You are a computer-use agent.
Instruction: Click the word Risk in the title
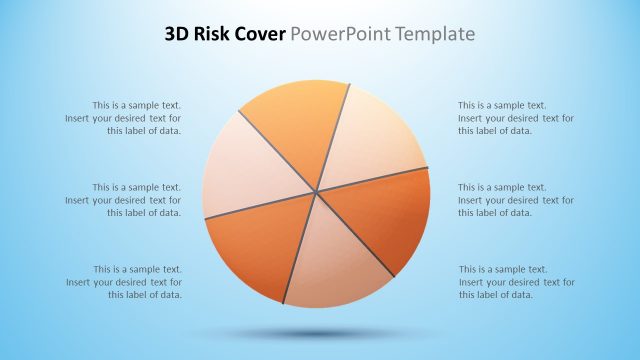pos(214,35)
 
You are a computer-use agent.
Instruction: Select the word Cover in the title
pos(260,35)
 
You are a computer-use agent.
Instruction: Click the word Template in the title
pos(431,35)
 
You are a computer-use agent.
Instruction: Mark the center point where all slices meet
pos(316,191)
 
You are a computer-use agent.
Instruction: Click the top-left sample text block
pos(124,118)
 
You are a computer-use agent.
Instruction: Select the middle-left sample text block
pos(124,200)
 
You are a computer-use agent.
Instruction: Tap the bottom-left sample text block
pos(124,282)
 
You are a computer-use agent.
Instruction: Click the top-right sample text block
pos(516,118)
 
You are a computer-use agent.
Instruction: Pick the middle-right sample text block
pos(516,200)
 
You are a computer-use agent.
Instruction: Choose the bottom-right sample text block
pos(516,282)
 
